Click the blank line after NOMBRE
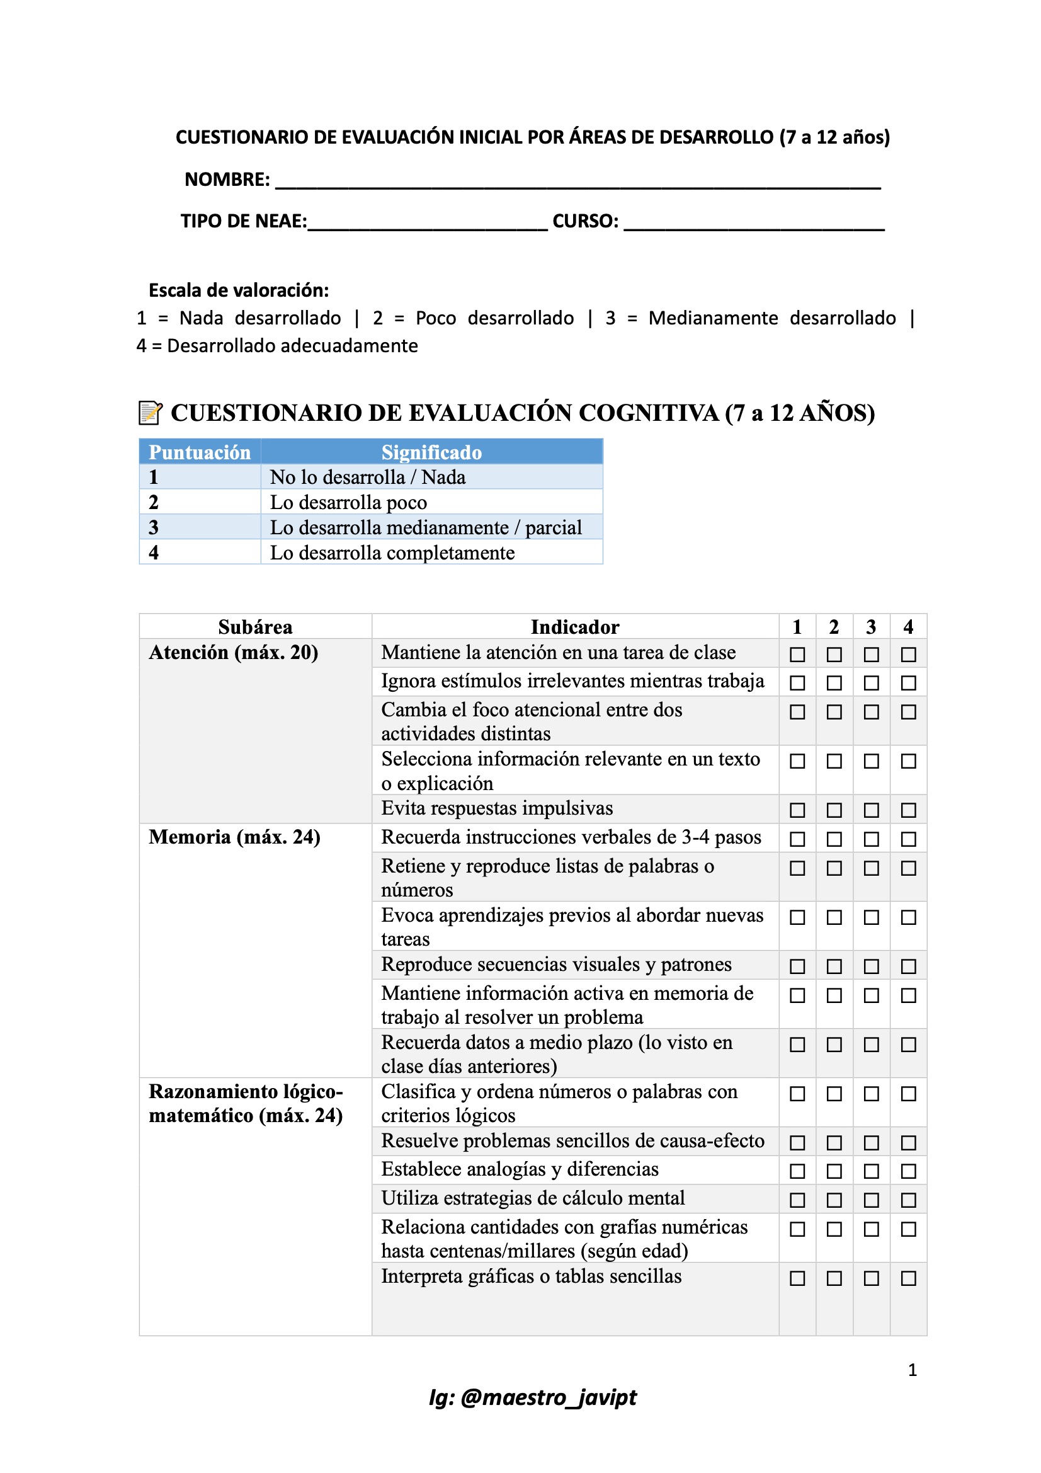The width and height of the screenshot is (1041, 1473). point(577,183)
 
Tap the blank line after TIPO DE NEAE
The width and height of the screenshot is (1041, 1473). point(427,224)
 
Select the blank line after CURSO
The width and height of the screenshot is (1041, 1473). point(754,224)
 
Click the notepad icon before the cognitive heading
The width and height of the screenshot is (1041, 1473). point(150,413)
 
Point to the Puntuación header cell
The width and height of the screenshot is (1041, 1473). point(200,452)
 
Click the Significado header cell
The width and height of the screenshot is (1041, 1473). point(431,452)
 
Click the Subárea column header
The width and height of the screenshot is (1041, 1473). point(255,627)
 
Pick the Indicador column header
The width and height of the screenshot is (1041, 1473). point(575,627)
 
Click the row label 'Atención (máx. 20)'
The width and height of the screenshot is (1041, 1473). point(234,653)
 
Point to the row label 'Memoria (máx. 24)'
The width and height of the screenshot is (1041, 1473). point(234,837)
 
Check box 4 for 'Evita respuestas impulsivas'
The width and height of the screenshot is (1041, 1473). point(908,810)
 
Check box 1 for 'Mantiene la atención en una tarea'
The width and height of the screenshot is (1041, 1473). point(797,655)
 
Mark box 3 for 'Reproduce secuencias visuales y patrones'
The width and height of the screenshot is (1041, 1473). point(871,966)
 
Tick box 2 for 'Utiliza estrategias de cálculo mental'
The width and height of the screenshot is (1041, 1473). point(834,1200)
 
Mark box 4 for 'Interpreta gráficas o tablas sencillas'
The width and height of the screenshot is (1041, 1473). point(908,1278)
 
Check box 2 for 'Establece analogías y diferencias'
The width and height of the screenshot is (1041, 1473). point(834,1171)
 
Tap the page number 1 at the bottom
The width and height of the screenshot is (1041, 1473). point(912,1370)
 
